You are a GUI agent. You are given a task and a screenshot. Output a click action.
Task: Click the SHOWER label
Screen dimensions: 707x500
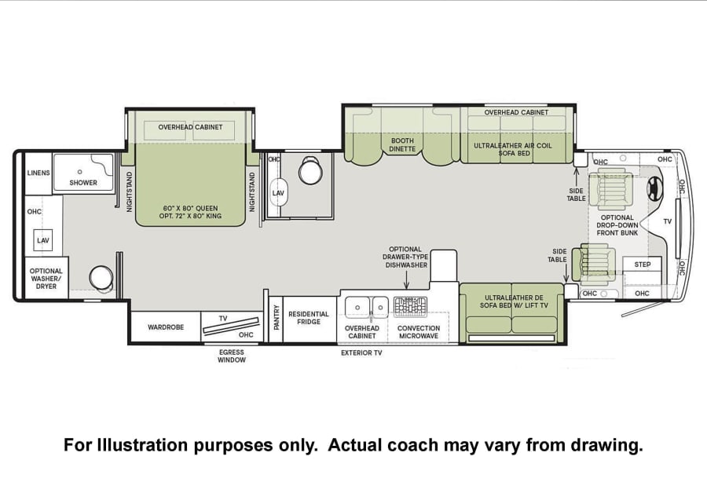83,182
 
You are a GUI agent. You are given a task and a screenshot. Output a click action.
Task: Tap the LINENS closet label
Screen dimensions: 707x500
38,173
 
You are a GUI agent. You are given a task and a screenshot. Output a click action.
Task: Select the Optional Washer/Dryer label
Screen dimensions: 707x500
46,279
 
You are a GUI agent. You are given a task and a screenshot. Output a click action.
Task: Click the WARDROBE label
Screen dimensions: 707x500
166,327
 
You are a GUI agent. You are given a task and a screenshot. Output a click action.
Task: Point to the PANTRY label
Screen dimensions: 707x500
277,317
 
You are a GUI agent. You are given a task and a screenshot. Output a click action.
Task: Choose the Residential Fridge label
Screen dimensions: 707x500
309,318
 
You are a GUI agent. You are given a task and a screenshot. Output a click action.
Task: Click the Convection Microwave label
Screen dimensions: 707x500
419,332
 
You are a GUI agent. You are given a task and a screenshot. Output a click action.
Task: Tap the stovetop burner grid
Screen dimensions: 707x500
410,306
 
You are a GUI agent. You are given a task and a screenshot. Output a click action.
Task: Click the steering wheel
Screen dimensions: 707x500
655,188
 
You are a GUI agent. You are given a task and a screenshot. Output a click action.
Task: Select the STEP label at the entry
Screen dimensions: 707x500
642,265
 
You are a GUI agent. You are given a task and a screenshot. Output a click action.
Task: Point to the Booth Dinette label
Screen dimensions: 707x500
402,144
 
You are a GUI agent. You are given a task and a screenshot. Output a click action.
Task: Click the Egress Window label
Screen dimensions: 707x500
232,356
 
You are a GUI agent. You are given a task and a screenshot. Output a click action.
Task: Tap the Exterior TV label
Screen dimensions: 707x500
361,352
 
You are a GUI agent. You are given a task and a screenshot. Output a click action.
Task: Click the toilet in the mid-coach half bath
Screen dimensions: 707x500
310,170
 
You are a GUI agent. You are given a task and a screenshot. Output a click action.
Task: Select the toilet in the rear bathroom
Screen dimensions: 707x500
102,279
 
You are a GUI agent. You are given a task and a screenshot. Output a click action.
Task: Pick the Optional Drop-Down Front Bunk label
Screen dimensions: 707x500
617,225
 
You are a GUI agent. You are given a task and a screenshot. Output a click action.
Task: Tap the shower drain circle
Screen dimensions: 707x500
80,172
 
